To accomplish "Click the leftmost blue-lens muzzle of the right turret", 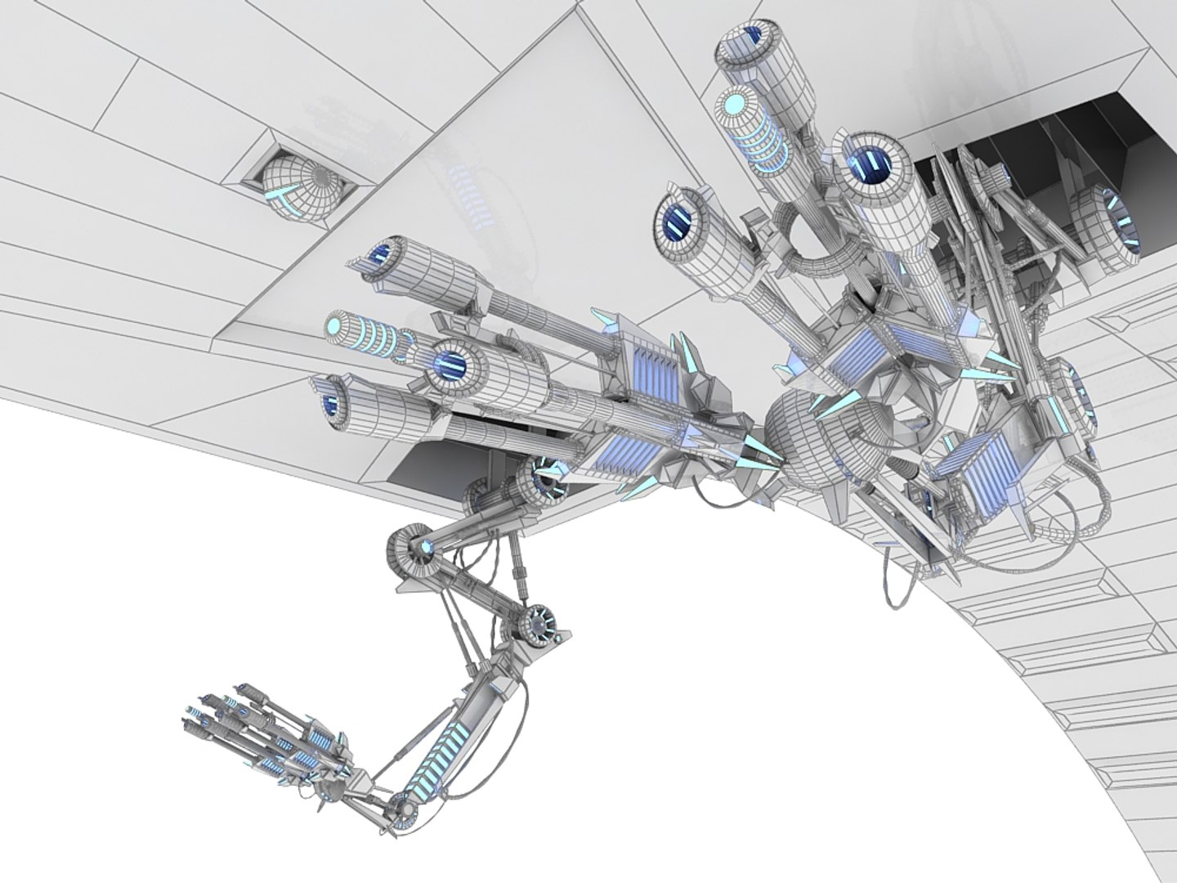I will [x=678, y=217].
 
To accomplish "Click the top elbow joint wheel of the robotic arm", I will [x=413, y=546].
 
